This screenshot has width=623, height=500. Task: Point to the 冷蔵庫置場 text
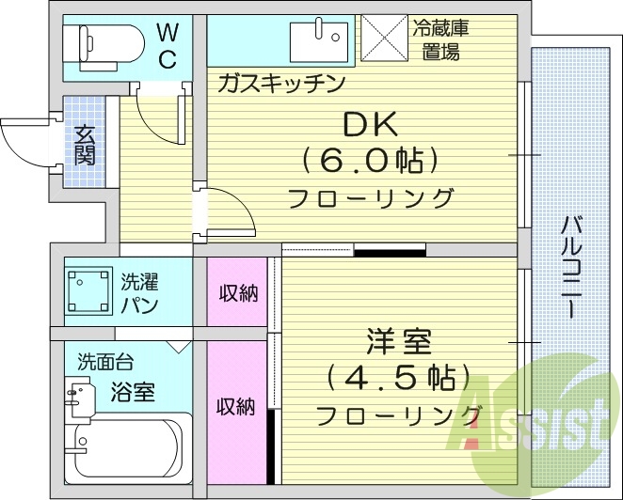[x=439, y=39]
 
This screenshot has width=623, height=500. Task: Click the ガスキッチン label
[x=280, y=84]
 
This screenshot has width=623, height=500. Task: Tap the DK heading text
[x=371, y=125]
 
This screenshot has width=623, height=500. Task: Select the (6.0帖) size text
[x=371, y=162]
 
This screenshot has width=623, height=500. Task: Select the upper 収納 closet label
[x=237, y=292]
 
